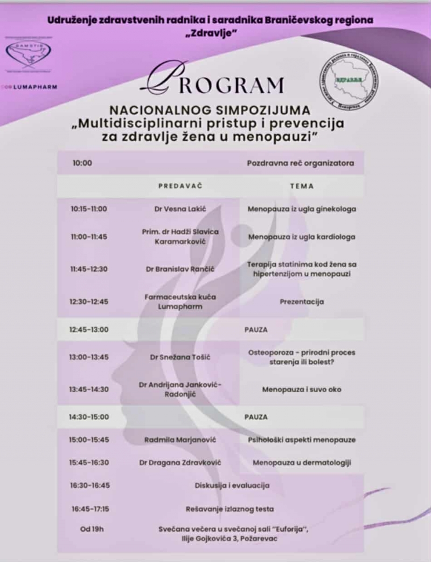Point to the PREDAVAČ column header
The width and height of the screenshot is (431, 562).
(180, 185)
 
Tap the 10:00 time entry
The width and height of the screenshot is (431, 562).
(82, 163)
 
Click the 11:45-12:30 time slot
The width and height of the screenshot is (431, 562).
(89, 269)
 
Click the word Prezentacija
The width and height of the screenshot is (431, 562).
(302, 302)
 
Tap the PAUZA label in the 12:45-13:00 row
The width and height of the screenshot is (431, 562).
(255, 329)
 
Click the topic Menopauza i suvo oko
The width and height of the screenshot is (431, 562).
(302, 389)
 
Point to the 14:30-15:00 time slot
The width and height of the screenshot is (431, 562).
(89, 417)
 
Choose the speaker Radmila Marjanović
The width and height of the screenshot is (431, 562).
(180, 440)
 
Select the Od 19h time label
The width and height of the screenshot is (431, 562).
(92, 529)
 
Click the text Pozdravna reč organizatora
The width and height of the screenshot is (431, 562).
(301, 163)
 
